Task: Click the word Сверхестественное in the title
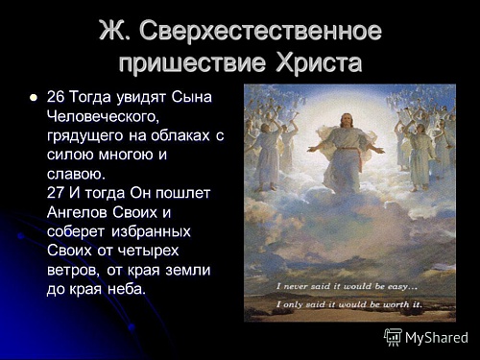(261, 31)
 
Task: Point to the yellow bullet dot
(33, 98)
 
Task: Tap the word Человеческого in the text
(101, 117)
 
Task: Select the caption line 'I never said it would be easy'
(347, 285)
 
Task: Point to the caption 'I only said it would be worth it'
(347, 304)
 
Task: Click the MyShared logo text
(437, 338)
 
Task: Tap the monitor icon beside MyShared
(393, 337)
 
